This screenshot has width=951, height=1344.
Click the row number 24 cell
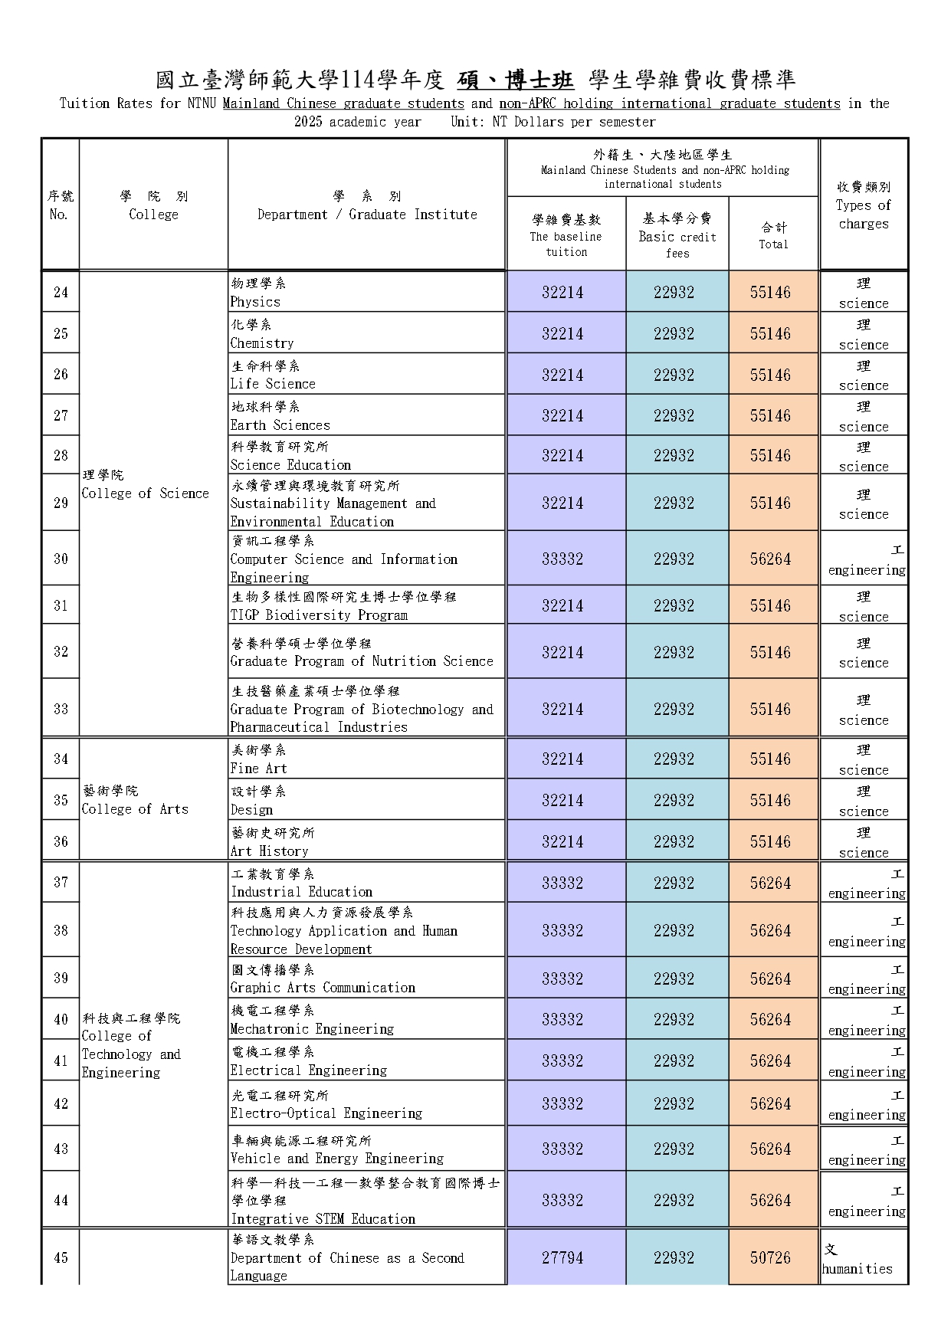(x=61, y=292)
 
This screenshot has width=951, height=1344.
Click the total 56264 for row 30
(x=770, y=559)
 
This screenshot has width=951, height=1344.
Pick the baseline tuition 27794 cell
(x=562, y=1257)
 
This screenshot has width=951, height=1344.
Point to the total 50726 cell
(x=770, y=1257)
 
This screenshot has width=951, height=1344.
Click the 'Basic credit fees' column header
(x=677, y=235)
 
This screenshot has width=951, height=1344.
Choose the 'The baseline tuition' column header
(x=566, y=235)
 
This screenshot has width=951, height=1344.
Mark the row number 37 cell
(x=61, y=882)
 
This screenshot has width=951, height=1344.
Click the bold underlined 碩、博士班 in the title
(x=516, y=80)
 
